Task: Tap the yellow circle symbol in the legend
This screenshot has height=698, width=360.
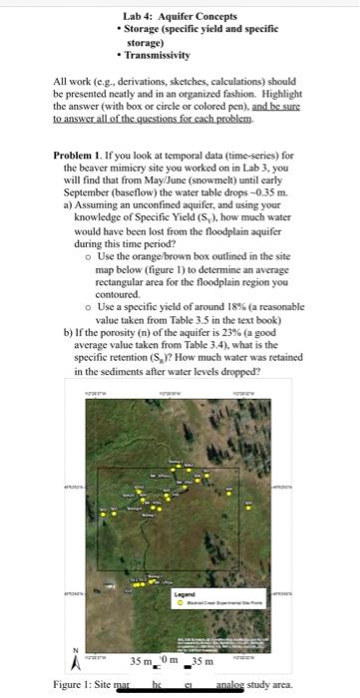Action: click(x=181, y=601)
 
